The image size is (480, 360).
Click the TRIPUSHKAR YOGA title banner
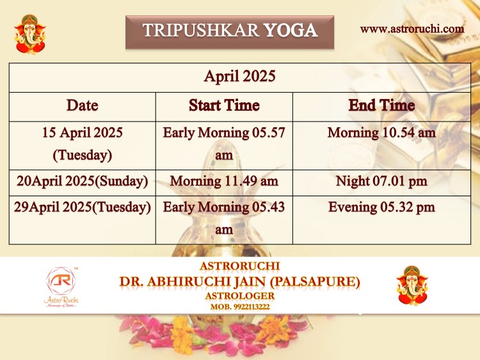tap(230, 32)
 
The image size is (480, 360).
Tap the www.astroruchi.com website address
tap(412, 29)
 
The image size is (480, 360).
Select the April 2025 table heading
tap(240, 76)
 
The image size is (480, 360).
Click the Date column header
tap(83, 106)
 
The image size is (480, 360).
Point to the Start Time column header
tap(224, 106)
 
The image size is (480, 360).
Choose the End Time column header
tap(381, 106)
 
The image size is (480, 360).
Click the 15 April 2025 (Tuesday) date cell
tap(83, 144)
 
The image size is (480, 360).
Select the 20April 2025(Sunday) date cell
tap(83, 181)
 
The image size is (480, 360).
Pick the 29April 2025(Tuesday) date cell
tap(83, 207)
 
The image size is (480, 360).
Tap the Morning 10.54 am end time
tap(381, 133)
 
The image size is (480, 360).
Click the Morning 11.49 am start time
tap(224, 181)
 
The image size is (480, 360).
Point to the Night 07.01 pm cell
tap(381, 181)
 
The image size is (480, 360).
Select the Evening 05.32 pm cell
tap(381, 207)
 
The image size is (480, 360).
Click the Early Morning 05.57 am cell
tap(224, 144)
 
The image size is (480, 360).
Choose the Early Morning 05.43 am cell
tap(224, 219)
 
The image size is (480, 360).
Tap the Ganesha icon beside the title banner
tap(30, 35)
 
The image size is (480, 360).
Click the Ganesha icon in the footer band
tap(412, 285)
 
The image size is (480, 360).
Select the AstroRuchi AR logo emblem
tap(61, 281)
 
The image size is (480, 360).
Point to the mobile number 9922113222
tap(252, 307)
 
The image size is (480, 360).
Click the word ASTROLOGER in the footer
tap(240, 296)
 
